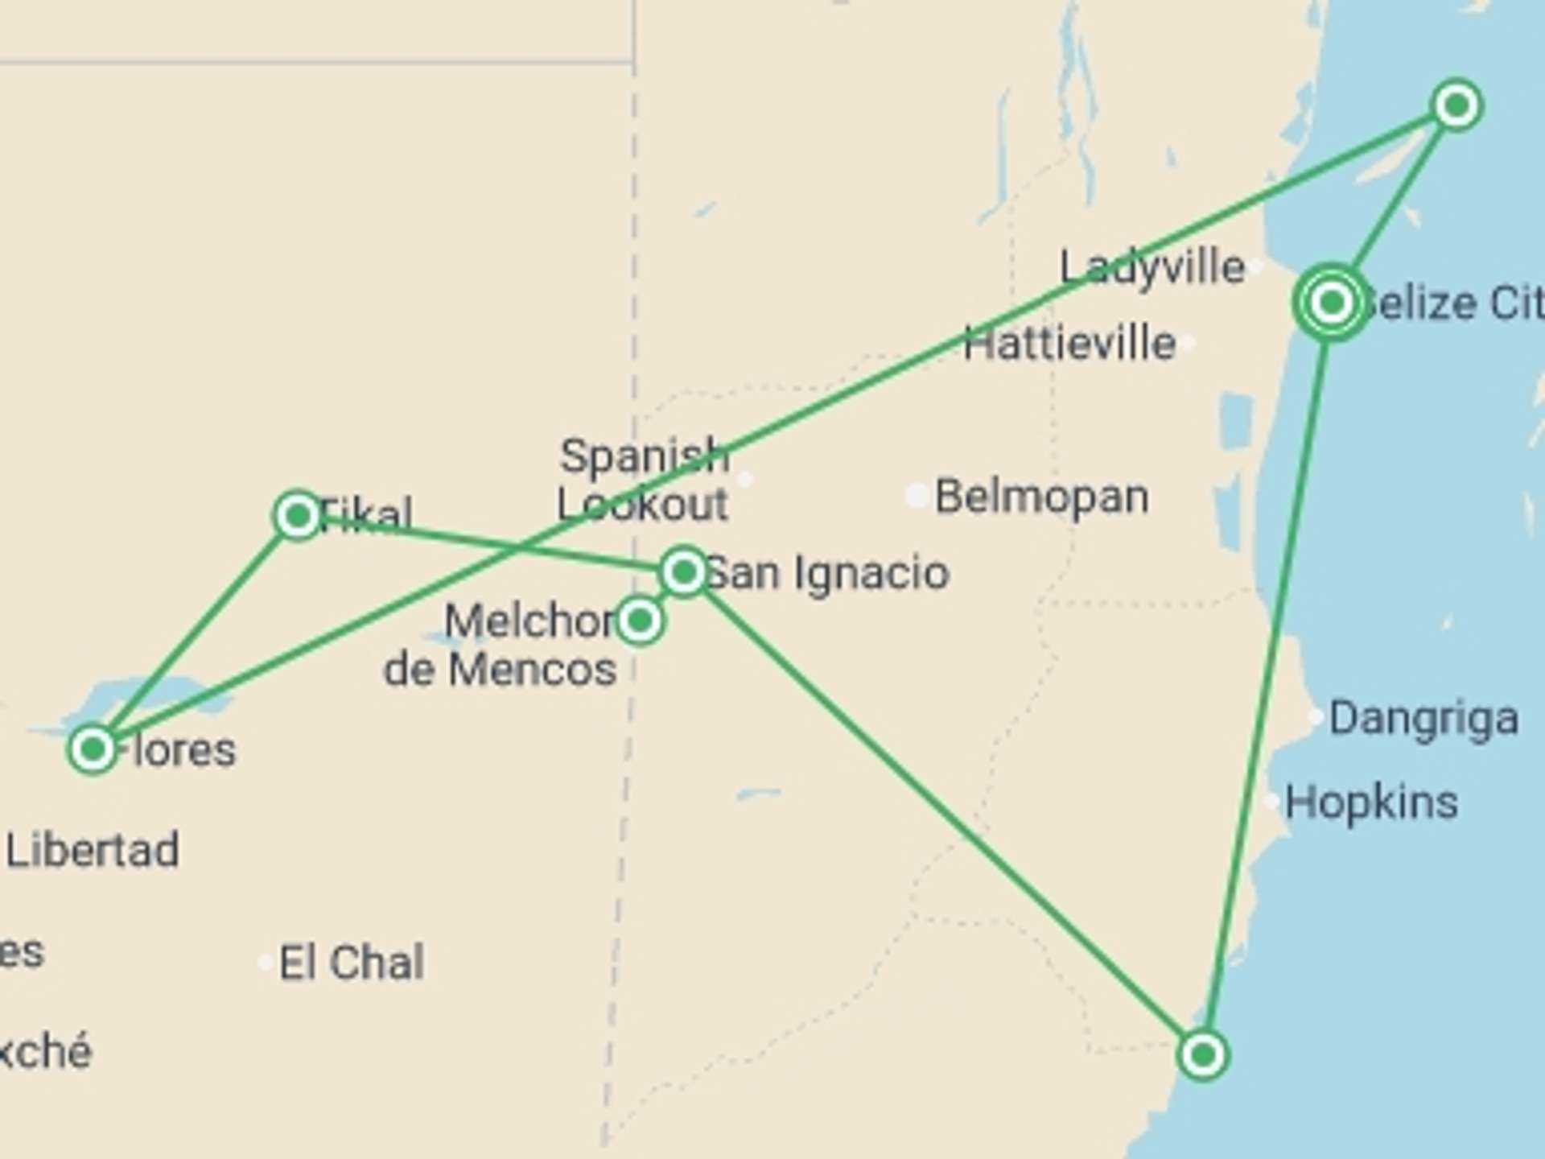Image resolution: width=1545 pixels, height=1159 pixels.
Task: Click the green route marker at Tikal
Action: pos(298,515)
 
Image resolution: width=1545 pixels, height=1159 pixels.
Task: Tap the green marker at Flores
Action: pos(93,749)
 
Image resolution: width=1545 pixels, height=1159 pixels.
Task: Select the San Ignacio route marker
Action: pos(683,572)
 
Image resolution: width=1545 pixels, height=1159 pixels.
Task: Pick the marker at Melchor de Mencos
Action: pos(640,621)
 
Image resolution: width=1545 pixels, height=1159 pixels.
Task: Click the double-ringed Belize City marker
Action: pos(1332,303)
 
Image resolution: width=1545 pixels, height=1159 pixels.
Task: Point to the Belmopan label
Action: pos(1041,497)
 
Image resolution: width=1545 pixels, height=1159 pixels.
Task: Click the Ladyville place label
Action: pos(1152,267)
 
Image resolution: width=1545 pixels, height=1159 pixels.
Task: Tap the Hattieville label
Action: pos(1069,344)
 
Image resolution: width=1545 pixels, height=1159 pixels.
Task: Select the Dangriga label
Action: pos(1423,718)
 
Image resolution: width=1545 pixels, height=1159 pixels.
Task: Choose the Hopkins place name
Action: pos(1371,802)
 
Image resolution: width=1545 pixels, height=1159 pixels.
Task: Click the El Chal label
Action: pos(352,963)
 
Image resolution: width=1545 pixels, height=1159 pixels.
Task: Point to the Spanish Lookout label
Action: pos(644,481)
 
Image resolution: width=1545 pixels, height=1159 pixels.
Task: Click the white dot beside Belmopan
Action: pos(917,496)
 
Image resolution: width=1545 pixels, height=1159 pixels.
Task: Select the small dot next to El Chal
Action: pos(265,963)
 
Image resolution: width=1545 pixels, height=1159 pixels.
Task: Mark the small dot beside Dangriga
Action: pos(1316,716)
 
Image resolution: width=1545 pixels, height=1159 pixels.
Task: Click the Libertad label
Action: pos(93,851)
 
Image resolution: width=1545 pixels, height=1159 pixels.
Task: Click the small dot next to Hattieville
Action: pos(1188,344)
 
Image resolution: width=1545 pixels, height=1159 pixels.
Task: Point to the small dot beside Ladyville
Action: pos(1256,266)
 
